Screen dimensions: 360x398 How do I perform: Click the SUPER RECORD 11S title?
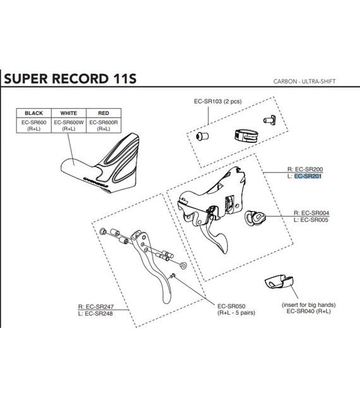[x=70, y=78]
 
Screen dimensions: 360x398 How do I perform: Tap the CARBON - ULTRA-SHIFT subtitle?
[x=304, y=81]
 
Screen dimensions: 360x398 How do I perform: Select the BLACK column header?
[x=33, y=113]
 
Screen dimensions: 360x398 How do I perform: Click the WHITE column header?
[x=68, y=113]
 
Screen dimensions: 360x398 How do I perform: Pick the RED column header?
[x=104, y=113]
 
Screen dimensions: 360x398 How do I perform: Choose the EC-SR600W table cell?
[x=69, y=125]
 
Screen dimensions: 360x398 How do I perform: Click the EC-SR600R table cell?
[x=104, y=125]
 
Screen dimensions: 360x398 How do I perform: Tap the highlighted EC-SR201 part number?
[x=308, y=176]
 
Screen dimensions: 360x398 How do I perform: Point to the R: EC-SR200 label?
[x=305, y=169]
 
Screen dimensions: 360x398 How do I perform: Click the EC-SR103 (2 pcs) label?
[x=218, y=101]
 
